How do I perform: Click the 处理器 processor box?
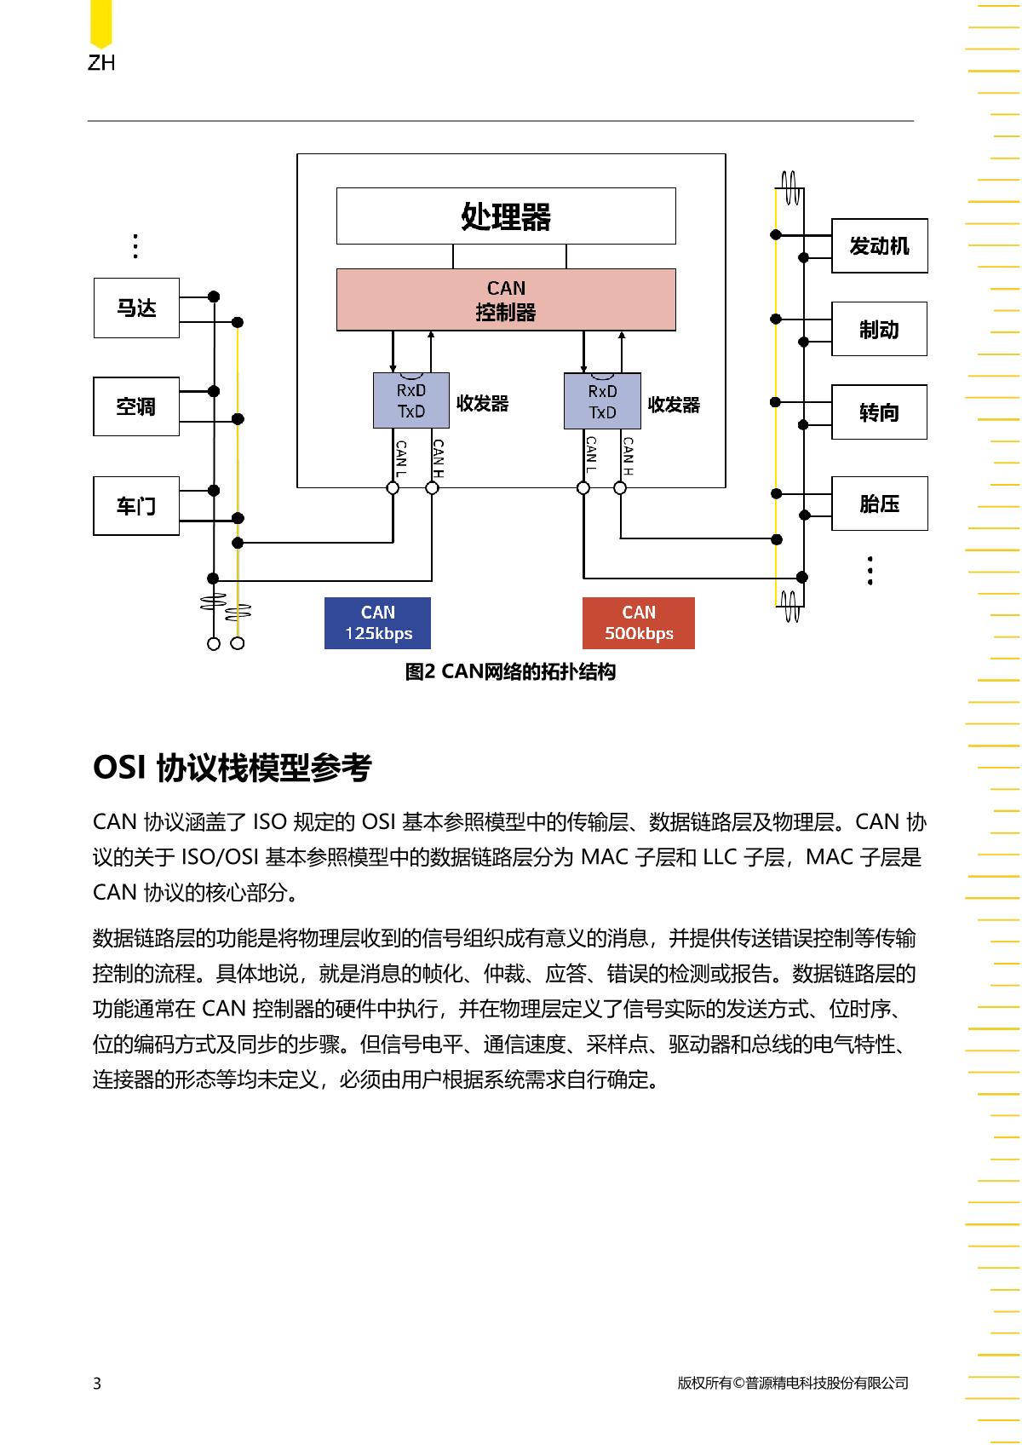pyautogui.click(x=506, y=216)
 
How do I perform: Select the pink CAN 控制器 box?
pyautogui.click(x=506, y=300)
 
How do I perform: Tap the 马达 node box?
pyautogui.click(x=136, y=308)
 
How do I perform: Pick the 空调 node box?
pyautogui.click(x=136, y=406)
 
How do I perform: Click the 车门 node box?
pyautogui.click(x=136, y=506)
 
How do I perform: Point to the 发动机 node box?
pyautogui.click(x=880, y=245)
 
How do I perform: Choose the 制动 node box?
pyautogui.click(x=880, y=329)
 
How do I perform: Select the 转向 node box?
pyautogui.click(x=880, y=412)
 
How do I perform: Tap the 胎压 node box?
pyautogui.click(x=880, y=504)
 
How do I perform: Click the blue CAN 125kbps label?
pyautogui.click(x=378, y=623)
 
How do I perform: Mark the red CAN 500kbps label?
pyautogui.click(x=639, y=623)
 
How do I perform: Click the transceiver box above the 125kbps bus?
pyautogui.click(x=411, y=400)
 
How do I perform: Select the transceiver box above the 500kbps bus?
pyautogui.click(x=602, y=400)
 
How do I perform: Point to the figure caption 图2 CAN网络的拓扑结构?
pyautogui.click(x=510, y=671)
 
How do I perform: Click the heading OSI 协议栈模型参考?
pyautogui.click(x=233, y=768)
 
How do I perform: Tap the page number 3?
pyautogui.click(x=97, y=1383)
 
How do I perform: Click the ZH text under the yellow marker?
pyautogui.click(x=101, y=62)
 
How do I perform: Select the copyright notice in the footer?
pyautogui.click(x=792, y=1383)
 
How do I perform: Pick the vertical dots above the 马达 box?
pyautogui.click(x=135, y=246)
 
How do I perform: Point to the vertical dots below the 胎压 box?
pyautogui.click(x=870, y=570)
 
